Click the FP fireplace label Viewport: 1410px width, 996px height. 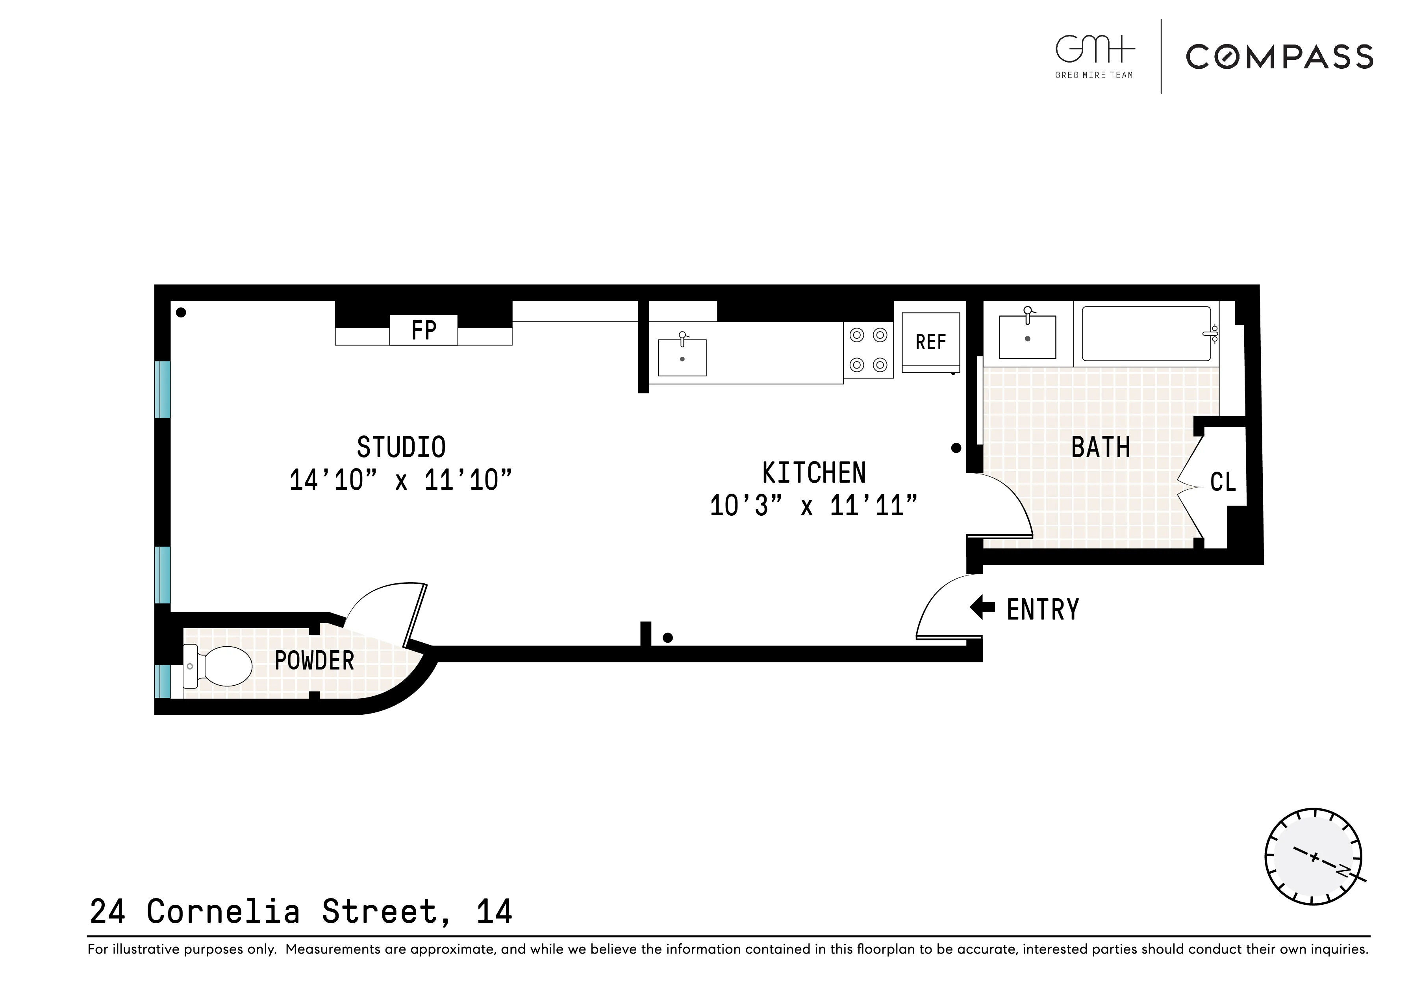[423, 330]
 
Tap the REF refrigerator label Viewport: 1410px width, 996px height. [930, 342]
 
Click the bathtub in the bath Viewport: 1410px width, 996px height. [1146, 334]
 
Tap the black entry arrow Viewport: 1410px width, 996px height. [982, 607]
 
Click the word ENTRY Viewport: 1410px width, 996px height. [1042, 610]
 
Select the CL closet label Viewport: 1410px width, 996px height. [1223, 482]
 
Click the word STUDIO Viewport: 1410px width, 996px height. [401, 447]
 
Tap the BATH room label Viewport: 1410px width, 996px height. [1101, 447]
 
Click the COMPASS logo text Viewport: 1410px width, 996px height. [1279, 57]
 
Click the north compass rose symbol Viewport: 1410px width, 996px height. [1314, 856]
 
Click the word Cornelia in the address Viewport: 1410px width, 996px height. [223, 912]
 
